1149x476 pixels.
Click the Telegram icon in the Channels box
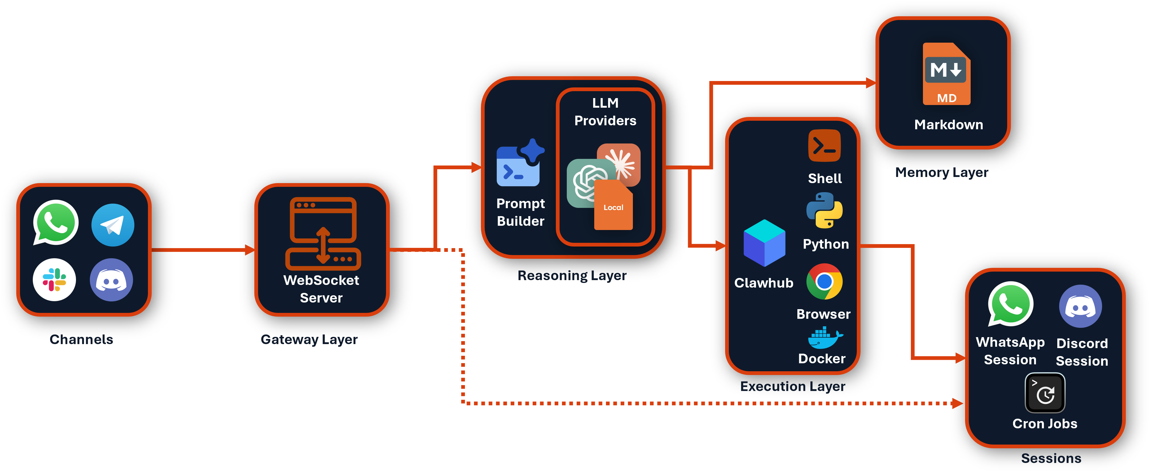point(113,225)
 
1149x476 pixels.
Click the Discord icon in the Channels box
point(111,280)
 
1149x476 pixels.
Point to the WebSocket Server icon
point(323,233)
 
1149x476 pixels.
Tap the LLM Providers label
point(605,112)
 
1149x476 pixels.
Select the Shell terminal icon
point(824,146)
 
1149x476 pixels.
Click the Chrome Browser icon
point(824,281)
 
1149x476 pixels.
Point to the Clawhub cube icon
point(764,243)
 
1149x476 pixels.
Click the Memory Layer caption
point(942,173)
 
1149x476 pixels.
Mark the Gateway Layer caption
point(309,340)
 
